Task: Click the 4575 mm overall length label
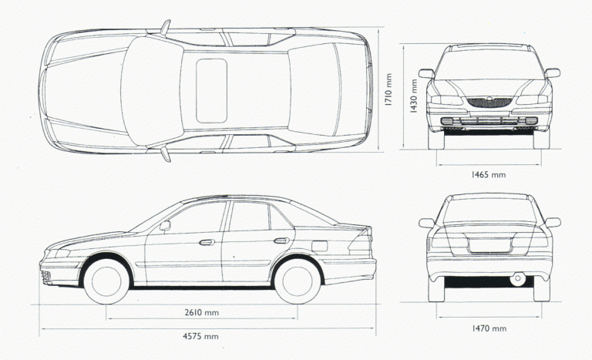[201, 337]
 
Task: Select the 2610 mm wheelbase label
[202, 312]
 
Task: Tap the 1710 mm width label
[390, 90]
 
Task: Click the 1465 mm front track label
[488, 175]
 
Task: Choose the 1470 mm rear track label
[489, 329]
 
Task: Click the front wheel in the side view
[107, 280]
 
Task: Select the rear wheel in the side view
[298, 280]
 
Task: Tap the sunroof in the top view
[211, 91]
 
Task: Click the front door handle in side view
[207, 243]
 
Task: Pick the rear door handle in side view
[281, 241]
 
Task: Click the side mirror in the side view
[165, 225]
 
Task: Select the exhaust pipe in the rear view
[517, 278]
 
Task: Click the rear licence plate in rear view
[489, 246]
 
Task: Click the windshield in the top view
[152, 91]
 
